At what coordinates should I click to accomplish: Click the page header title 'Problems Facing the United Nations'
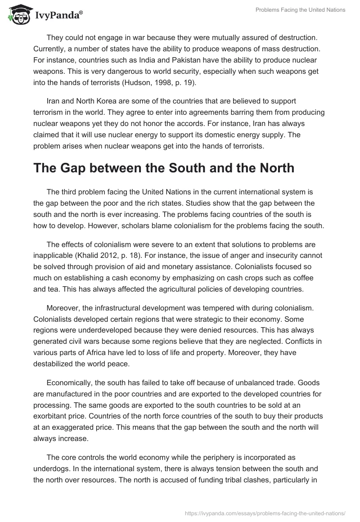[x=300, y=10]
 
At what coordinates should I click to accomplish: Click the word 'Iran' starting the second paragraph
[x=53, y=102]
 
